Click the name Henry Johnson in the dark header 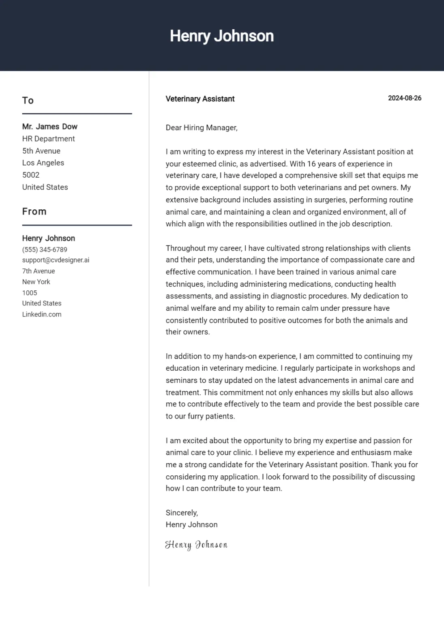click(x=221, y=36)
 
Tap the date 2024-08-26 click(x=404, y=98)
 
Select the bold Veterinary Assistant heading click(x=200, y=99)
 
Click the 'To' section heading click(x=28, y=101)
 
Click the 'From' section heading click(x=34, y=212)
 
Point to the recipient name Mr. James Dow click(x=49, y=127)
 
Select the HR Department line click(x=48, y=139)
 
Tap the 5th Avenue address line click(x=41, y=151)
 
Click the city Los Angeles click(x=43, y=163)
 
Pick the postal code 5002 click(x=31, y=175)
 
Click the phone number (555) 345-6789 click(x=45, y=249)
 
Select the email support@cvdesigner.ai click(x=56, y=260)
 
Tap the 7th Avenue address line click(x=39, y=271)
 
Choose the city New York click(x=36, y=282)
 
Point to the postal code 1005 click(x=30, y=293)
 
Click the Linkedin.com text click(x=42, y=314)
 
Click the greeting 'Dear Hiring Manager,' click(x=202, y=128)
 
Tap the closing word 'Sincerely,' click(x=182, y=513)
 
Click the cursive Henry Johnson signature click(x=196, y=545)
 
